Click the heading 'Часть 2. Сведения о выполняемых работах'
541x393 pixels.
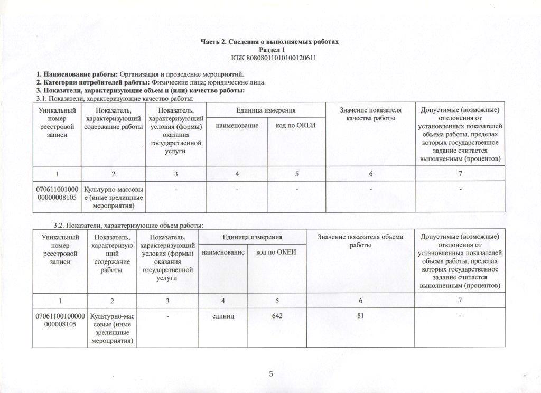click(x=269, y=42)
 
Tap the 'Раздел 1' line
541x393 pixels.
click(x=269, y=49)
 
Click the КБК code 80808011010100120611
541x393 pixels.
click(x=269, y=57)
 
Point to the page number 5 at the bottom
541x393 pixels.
click(x=270, y=375)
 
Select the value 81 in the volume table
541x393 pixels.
click(x=361, y=316)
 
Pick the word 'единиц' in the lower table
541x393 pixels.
click(x=223, y=316)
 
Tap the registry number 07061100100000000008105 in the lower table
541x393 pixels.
click(x=60, y=320)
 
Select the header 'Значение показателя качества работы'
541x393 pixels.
click(x=370, y=114)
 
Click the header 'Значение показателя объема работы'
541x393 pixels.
click(x=360, y=241)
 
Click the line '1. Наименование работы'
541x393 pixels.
click(x=139, y=74)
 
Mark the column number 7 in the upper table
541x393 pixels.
click(x=460, y=174)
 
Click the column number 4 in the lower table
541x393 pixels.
click(x=223, y=301)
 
